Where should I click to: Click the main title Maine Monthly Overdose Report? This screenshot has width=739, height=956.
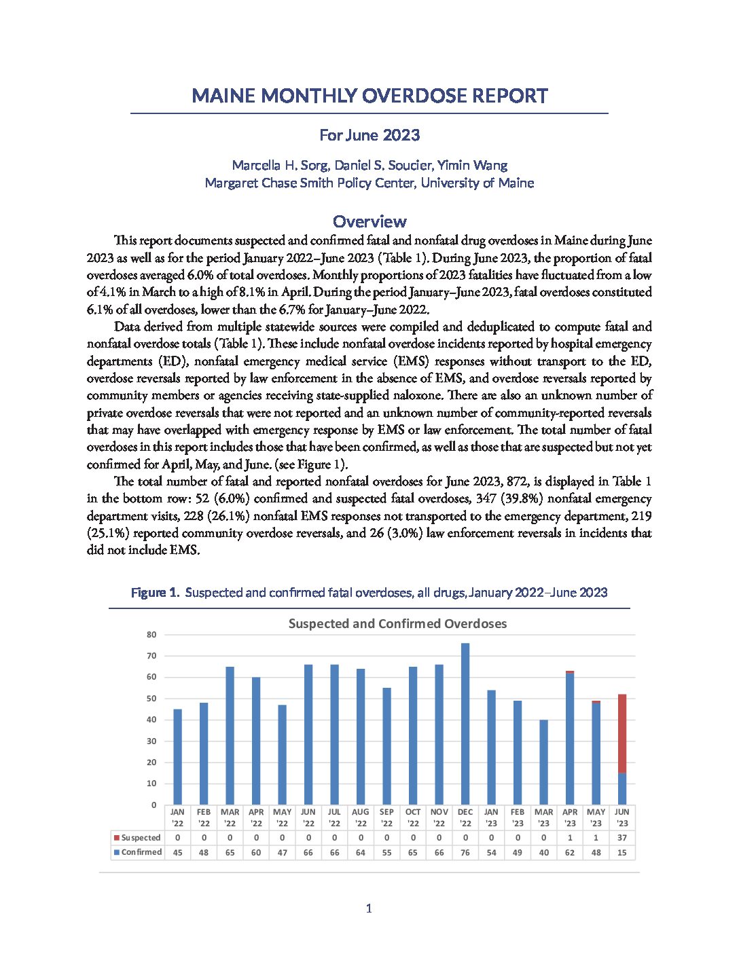click(369, 96)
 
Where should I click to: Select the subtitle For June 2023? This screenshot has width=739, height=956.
click(369, 135)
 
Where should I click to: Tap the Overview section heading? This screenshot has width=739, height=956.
click(369, 221)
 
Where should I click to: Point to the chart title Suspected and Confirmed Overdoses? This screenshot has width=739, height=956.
click(397, 623)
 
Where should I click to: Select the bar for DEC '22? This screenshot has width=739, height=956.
click(465, 724)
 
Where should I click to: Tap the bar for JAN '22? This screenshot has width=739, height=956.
click(177, 757)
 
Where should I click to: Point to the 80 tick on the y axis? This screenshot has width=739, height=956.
click(151, 635)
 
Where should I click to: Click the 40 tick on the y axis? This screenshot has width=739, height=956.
click(151, 720)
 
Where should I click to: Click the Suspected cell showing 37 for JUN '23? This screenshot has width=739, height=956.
click(622, 838)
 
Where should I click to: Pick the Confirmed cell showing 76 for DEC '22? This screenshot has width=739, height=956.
click(465, 852)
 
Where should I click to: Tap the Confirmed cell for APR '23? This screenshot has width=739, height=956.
click(570, 852)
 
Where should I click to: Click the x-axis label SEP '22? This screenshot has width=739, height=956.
click(386, 817)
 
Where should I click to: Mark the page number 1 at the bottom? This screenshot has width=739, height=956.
click(369, 908)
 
